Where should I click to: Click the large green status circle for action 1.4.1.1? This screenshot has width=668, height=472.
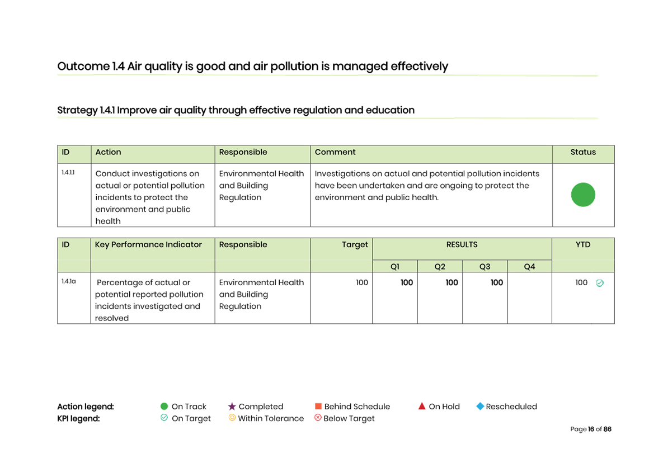tap(583, 195)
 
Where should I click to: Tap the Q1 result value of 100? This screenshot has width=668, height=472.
tap(406, 282)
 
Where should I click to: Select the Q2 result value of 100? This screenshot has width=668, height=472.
tap(451, 282)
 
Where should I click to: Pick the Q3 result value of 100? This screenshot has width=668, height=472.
tap(497, 282)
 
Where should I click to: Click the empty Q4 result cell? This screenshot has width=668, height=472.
tap(530, 298)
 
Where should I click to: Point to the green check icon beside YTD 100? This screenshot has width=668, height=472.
tap(599, 283)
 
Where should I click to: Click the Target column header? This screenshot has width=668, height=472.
tap(355, 244)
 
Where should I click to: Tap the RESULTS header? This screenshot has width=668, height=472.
tap(462, 244)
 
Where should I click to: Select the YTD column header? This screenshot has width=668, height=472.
tap(583, 244)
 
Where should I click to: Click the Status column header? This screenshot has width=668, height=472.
tap(583, 152)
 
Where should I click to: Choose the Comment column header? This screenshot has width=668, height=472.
tap(335, 152)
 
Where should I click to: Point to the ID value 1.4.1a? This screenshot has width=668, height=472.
tap(69, 281)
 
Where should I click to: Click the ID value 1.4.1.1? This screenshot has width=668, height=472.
tap(68, 173)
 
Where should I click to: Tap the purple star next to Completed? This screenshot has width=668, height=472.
tap(232, 407)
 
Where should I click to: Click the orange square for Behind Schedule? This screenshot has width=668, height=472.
tap(318, 407)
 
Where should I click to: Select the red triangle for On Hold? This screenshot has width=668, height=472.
tap(422, 406)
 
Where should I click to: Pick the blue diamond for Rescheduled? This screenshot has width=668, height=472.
tap(480, 407)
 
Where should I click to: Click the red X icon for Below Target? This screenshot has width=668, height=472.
tap(318, 418)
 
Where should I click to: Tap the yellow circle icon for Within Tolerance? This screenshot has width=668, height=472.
tap(232, 418)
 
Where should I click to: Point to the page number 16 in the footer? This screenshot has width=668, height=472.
tap(591, 429)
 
